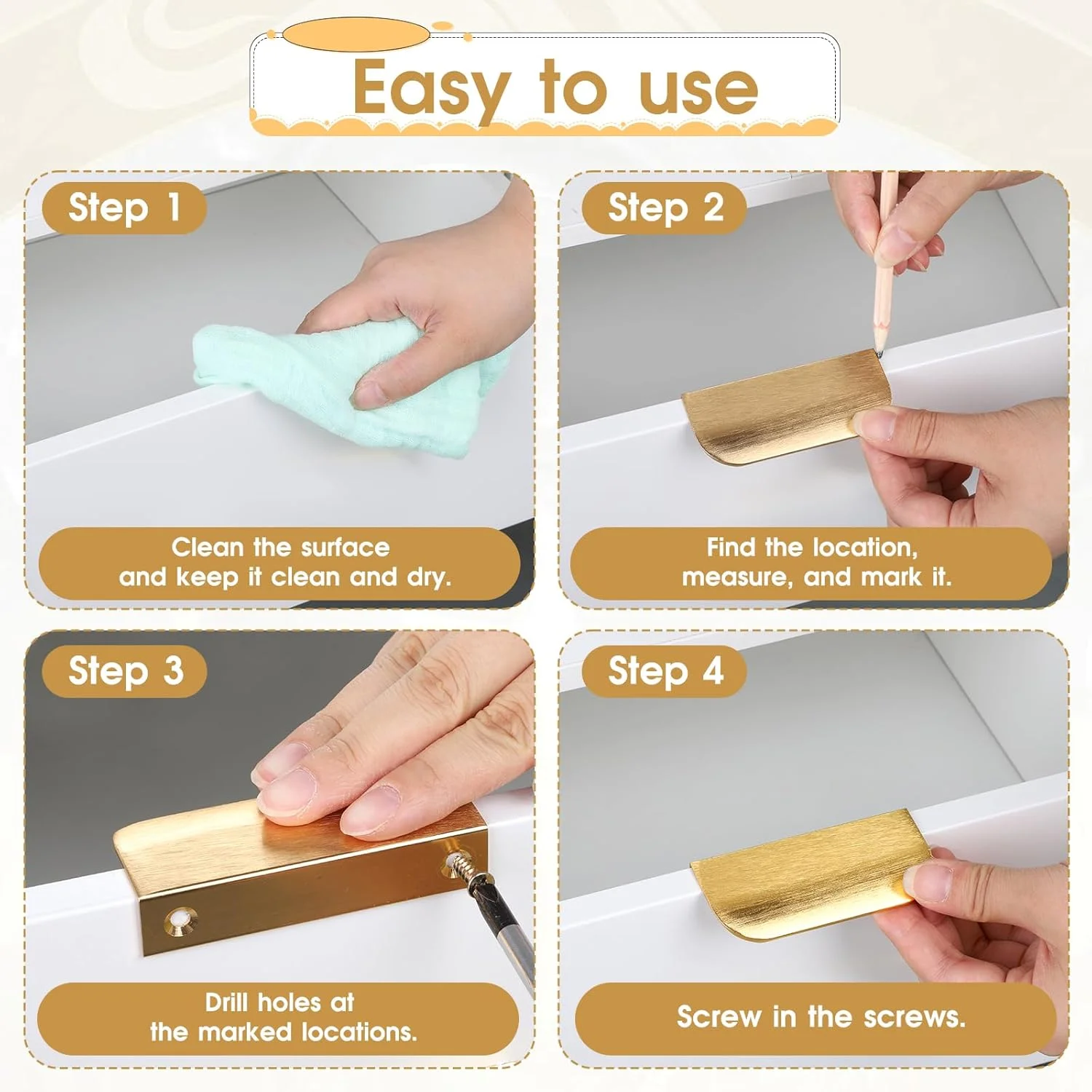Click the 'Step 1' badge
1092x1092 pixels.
pyautogui.click(x=124, y=208)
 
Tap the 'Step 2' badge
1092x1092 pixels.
pyautogui.click(x=665, y=208)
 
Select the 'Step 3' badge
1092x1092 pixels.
pyautogui.click(x=124, y=671)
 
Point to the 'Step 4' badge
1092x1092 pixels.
pyautogui.click(x=665, y=671)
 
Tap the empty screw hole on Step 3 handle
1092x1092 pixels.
pyautogui.click(x=179, y=920)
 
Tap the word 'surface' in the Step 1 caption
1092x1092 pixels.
pyautogui.click(x=345, y=547)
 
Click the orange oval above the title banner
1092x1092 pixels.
pyautogui.click(x=356, y=34)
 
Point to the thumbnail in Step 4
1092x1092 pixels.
pyautogui.click(x=923, y=882)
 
